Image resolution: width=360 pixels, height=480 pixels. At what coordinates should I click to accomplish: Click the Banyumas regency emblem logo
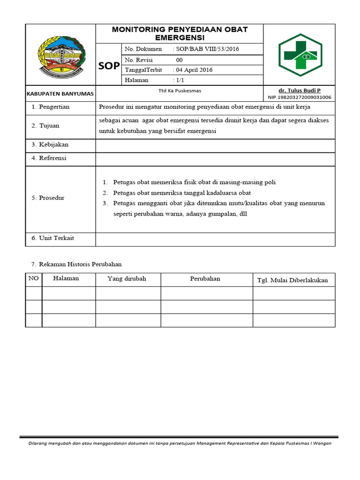60,54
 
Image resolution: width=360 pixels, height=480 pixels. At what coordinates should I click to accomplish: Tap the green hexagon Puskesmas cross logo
300,54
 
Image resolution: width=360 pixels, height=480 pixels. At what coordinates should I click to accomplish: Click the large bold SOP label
109,66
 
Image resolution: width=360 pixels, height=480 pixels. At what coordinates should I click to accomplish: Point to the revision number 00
180,60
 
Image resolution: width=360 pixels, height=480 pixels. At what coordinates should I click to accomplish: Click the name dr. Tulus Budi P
300,90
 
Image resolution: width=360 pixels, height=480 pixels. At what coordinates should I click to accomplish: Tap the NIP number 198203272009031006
300,97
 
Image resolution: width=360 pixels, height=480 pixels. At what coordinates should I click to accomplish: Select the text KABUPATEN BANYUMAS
60,94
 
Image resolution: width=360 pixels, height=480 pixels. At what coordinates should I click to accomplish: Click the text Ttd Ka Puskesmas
180,91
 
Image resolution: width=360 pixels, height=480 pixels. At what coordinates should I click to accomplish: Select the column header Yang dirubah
127,278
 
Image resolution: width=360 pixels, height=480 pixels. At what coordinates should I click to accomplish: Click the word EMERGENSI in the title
180,37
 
